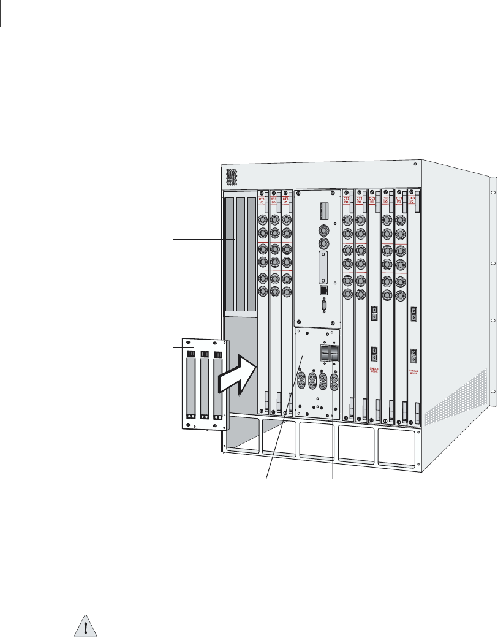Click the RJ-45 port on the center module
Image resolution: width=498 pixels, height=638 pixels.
tap(324, 289)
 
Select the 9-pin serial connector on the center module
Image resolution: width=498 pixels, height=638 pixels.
tap(324, 306)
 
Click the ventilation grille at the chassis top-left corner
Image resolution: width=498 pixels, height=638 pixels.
tap(232, 177)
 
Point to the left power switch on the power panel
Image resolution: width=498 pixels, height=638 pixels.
tap(323, 354)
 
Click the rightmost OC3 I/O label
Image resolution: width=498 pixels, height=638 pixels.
tap(412, 200)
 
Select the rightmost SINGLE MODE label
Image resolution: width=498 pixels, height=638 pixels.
tap(414, 372)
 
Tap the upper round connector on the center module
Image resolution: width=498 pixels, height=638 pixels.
tap(324, 229)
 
